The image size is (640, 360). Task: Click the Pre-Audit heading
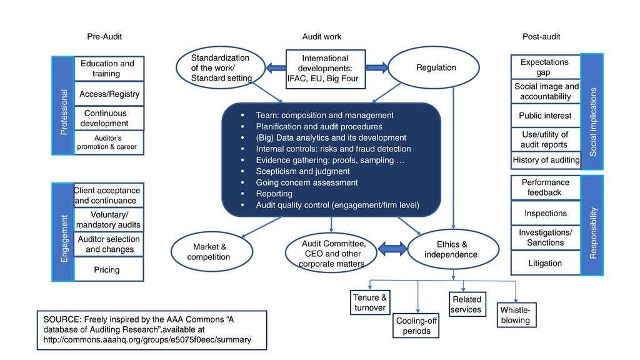tap(104, 37)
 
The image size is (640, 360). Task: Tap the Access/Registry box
tap(109, 94)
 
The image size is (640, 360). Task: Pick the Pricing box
tap(107, 270)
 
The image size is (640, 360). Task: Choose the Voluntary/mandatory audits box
tap(108, 219)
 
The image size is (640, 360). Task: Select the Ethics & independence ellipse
tap(453, 249)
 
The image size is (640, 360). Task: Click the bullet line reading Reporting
tap(274, 194)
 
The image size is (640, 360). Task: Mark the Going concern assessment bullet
tap(306, 182)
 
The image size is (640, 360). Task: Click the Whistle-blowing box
tap(515, 315)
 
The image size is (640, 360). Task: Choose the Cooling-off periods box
tap(416, 326)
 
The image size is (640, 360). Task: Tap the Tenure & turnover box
tap(370, 302)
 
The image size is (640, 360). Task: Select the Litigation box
tap(545, 263)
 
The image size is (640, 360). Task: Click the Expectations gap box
tap(545, 67)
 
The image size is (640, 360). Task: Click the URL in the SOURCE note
tap(147, 340)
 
